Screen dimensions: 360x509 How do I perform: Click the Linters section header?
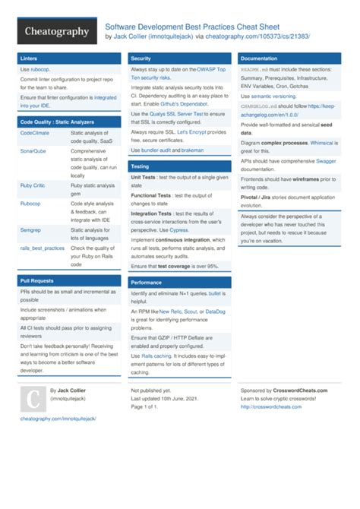pos(30,58)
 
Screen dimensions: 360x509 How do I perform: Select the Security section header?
pos(141,58)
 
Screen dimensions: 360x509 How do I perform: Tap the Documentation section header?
pos(258,58)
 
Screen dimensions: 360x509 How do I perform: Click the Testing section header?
pos(140,166)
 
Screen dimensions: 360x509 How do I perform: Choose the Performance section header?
pos(146,282)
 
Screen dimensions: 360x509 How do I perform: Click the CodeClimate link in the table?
pos(35,133)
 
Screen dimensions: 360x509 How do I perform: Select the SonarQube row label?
pos(34,151)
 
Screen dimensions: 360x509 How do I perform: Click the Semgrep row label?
pos(32,229)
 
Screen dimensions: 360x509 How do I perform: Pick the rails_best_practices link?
pos(43,248)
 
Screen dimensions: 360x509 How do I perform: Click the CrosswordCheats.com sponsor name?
pos(302,390)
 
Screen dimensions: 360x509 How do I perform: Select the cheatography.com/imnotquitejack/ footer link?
pos(58,419)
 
